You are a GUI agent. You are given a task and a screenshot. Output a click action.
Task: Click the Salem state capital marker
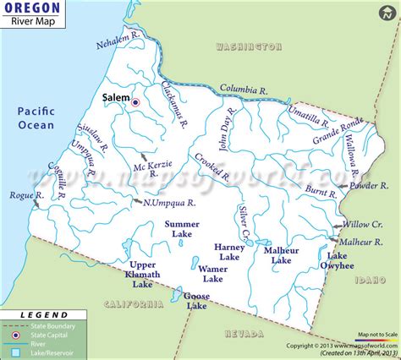click(x=135, y=102)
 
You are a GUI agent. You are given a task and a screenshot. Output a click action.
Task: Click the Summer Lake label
click(x=182, y=229)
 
